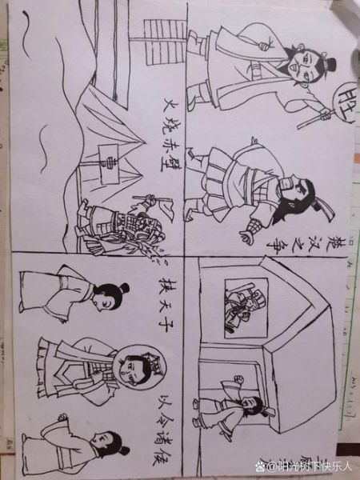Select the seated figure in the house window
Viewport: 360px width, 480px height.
click(238, 306)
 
